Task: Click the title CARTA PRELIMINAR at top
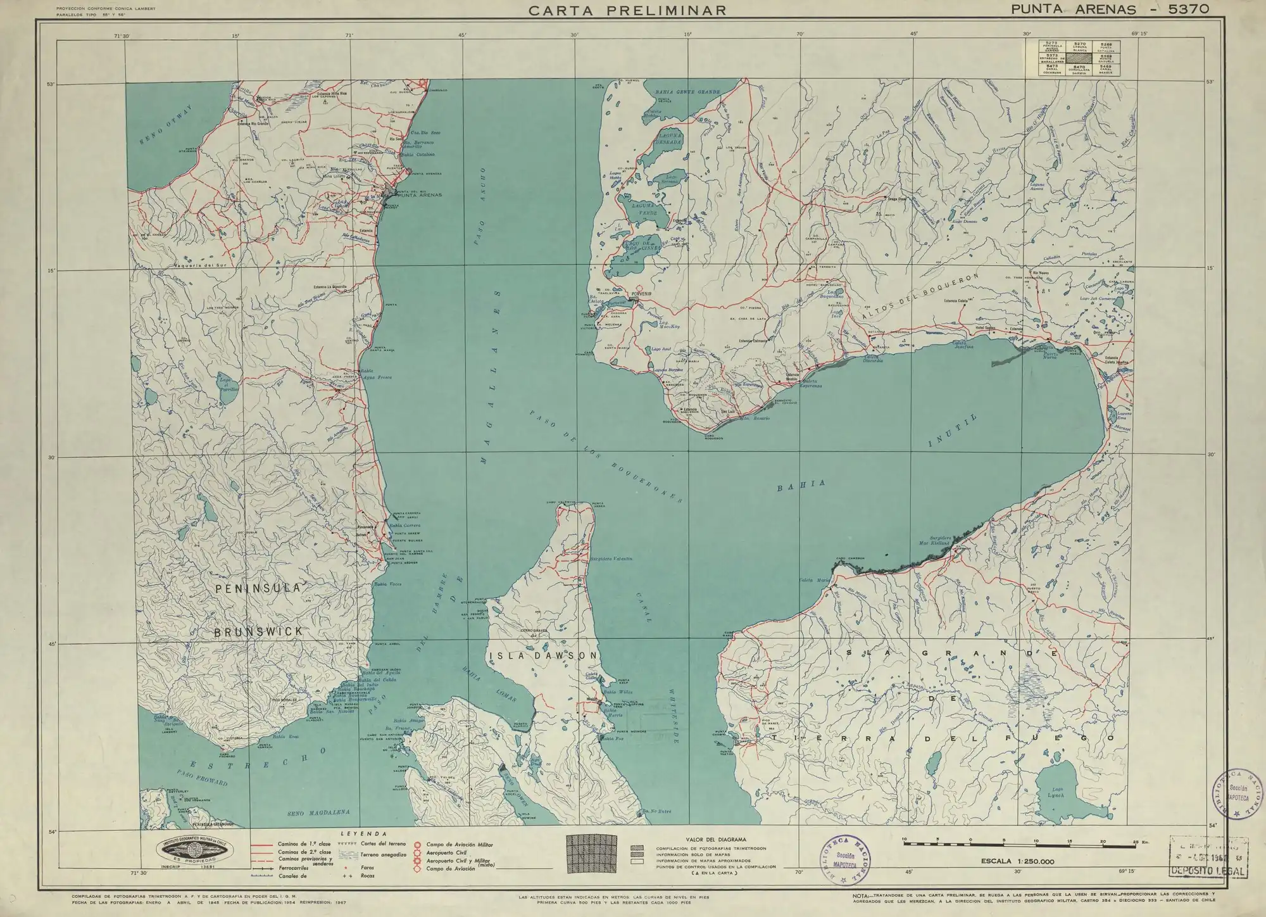tap(627, 10)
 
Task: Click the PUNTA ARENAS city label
tap(420, 195)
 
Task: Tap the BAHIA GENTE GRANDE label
tap(687, 92)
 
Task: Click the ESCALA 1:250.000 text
tap(1017, 861)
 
